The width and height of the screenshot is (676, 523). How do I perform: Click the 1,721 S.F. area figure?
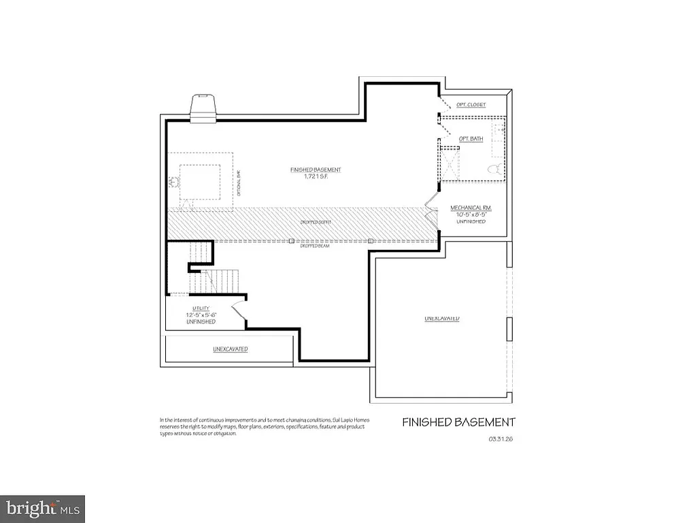(x=315, y=176)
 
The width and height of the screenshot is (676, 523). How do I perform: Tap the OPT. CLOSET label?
(x=471, y=105)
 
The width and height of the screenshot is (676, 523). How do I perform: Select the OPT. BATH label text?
(x=471, y=138)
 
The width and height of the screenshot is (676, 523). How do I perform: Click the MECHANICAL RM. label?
(x=471, y=208)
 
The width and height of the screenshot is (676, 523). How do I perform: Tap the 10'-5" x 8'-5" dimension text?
(x=471, y=215)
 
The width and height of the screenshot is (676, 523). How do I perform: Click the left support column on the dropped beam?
(x=291, y=240)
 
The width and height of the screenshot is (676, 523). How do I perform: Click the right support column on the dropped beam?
(x=371, y=240)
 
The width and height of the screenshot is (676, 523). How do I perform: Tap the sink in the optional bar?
(x=172, y=182)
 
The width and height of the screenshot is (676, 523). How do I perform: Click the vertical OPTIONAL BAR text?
(x=239, y=182)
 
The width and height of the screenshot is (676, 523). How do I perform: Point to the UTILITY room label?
(x=201, y=308)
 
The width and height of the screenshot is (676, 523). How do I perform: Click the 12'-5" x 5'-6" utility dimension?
(x=201, y=315)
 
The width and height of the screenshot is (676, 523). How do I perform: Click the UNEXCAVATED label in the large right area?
(x=442, y=319)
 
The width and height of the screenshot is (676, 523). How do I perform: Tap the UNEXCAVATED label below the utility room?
(x=230, y=349)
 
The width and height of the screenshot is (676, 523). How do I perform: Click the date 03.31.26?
(x=500, y=439)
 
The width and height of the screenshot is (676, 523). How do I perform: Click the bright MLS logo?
(x=43, y=508)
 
